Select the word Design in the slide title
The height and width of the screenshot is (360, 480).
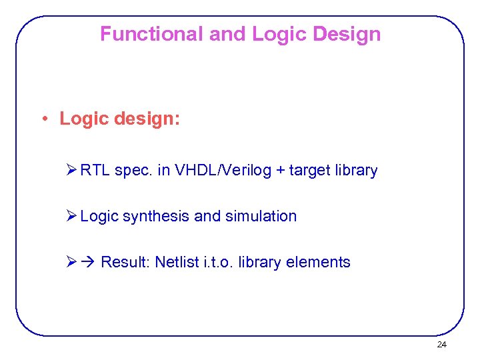pos(347,34)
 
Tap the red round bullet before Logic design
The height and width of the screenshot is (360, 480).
pos(42,119)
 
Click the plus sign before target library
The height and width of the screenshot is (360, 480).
pos(280,171)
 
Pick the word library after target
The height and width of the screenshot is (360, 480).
pos(356,171)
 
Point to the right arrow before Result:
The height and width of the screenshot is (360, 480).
pos(89,263)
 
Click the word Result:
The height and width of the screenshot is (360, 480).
pos(125,263)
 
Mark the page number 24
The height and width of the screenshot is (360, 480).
pos(441,345)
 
